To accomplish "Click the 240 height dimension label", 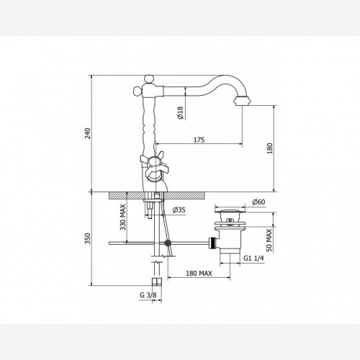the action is tap(89, 133).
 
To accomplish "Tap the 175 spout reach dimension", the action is tap(199, 140).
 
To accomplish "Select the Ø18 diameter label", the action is tap(180, 112).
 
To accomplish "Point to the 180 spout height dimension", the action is tap(270, 148).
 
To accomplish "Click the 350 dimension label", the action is tap(89, 238).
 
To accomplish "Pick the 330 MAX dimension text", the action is tap(123, 217).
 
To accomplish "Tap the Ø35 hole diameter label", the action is tap(179, 210).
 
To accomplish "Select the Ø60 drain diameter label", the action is tap(258, 202).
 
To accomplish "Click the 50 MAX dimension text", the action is tap(269, 240).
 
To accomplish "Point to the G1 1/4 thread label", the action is tap(253, 258).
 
